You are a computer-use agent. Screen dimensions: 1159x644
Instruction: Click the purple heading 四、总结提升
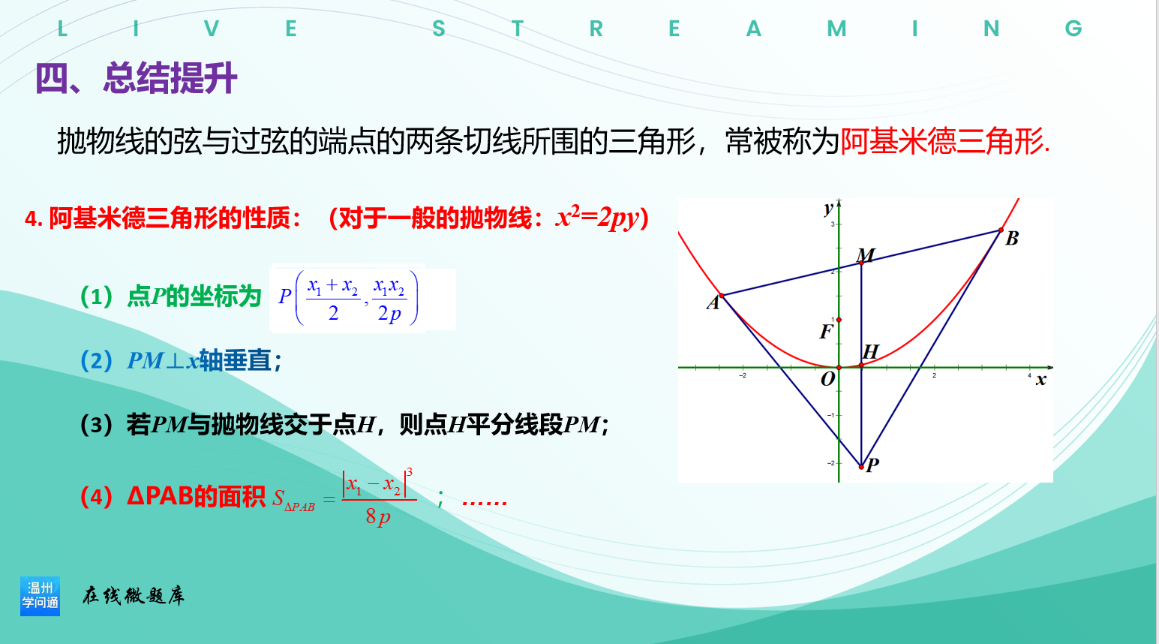coord(136,78)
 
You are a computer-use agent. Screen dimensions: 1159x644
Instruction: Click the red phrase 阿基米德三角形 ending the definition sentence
coord(941,141)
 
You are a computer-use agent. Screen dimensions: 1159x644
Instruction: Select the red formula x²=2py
coord(598,218)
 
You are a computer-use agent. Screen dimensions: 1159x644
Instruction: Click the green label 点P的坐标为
coord(194,296)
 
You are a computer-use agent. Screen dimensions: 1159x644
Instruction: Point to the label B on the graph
coord(1012,238)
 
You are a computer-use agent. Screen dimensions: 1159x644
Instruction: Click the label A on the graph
coord(713,302)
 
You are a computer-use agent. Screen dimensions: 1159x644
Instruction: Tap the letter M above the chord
coord(865,254)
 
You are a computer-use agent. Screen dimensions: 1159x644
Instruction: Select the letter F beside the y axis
coord(827,331)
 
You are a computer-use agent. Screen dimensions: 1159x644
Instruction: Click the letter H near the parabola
coord(870,351)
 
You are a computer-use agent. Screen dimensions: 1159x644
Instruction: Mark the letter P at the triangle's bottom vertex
coord(872,465)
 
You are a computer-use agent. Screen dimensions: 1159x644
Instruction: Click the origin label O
coord(828,379)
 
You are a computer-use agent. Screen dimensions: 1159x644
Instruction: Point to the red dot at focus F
coord(839,320)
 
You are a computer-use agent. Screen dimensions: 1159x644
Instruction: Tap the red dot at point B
coord(1001,230)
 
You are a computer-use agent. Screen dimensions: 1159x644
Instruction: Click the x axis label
coord(1041,381)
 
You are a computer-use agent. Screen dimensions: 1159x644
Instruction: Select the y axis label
coord(828,209)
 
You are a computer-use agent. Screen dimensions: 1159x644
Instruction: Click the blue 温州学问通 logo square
coord(40,596)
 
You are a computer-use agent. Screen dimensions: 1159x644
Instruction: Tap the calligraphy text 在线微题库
coord(134,596)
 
